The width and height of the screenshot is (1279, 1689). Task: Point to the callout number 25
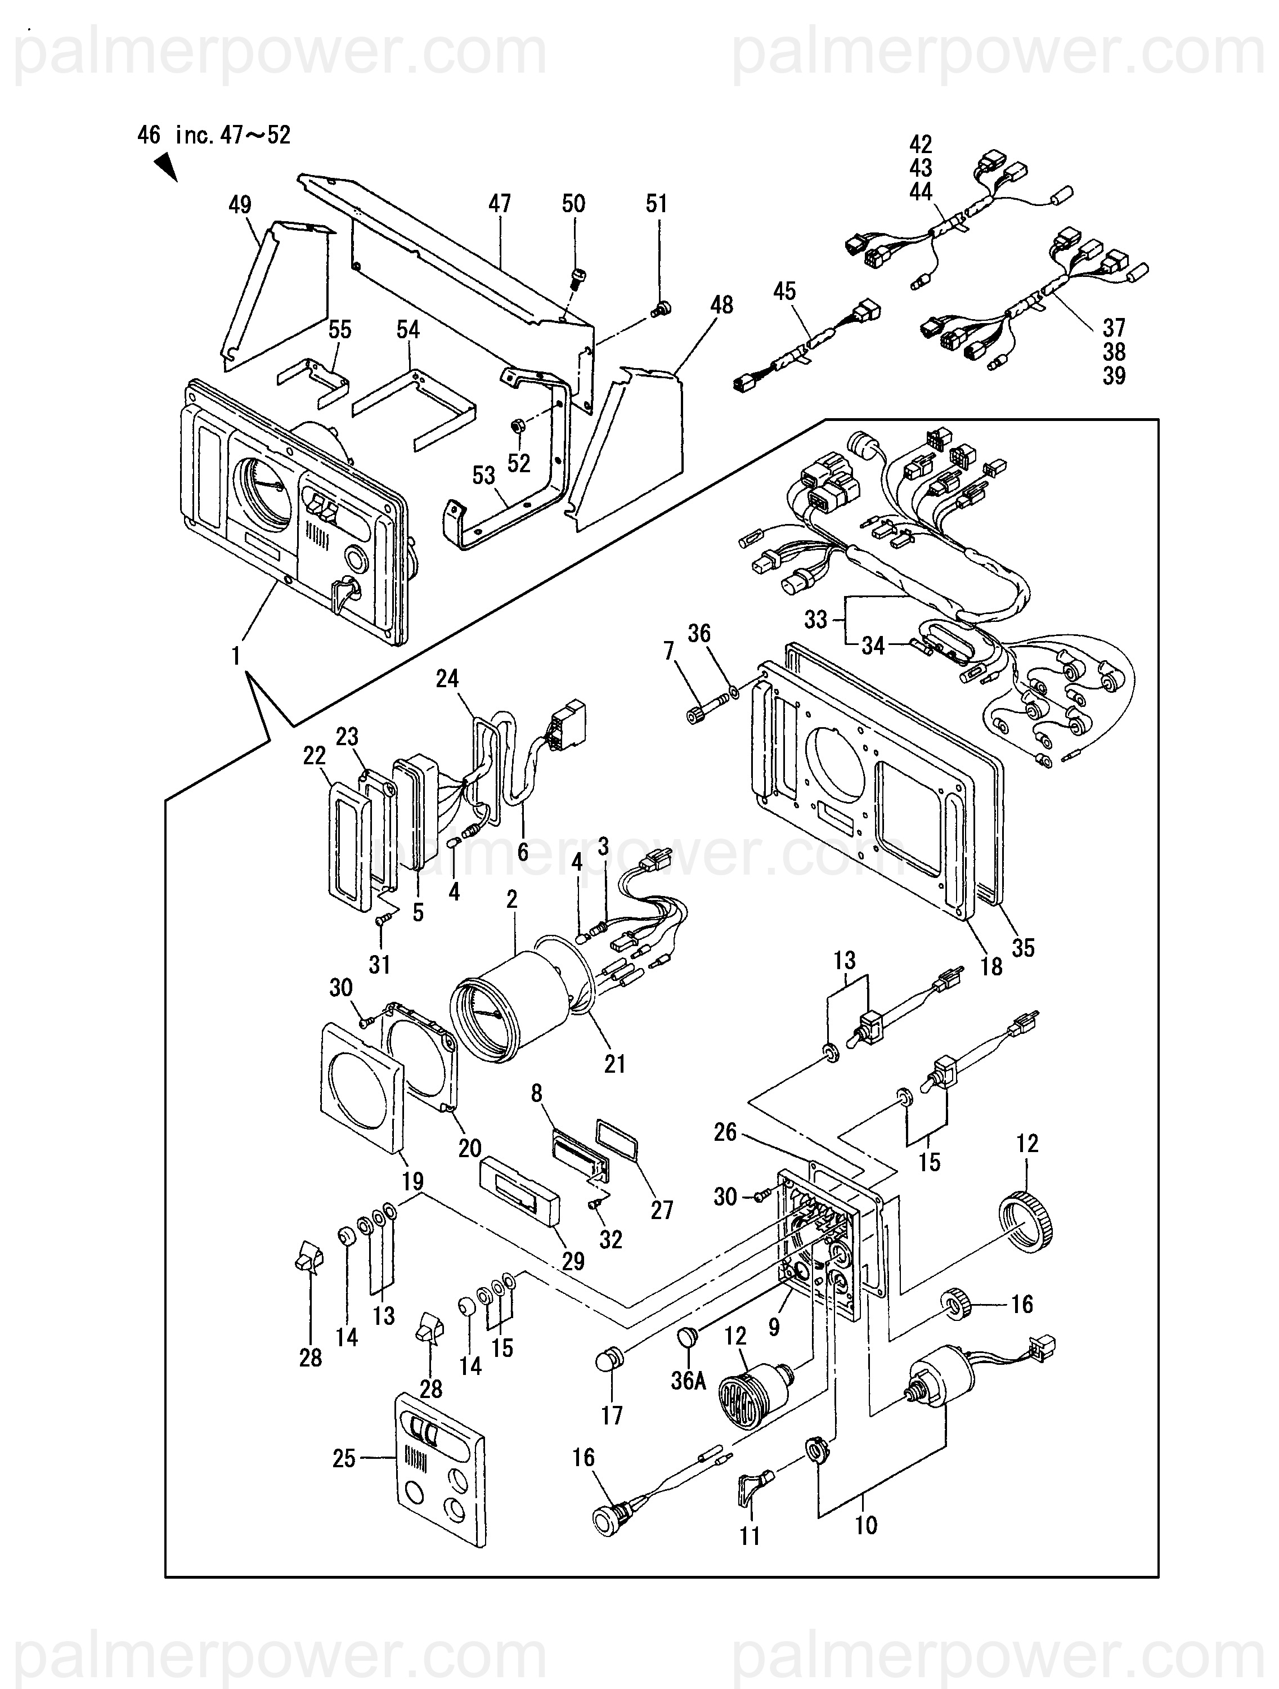tap(344, 1458)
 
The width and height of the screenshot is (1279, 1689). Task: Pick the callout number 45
tap(784, 291)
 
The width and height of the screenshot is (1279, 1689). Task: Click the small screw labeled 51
tap(661, 308)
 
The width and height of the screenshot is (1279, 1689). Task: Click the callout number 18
tap(991, 967)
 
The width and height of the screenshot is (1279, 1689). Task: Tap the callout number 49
tap(240, 205)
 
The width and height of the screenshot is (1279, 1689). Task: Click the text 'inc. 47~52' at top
tap(233, 136)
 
